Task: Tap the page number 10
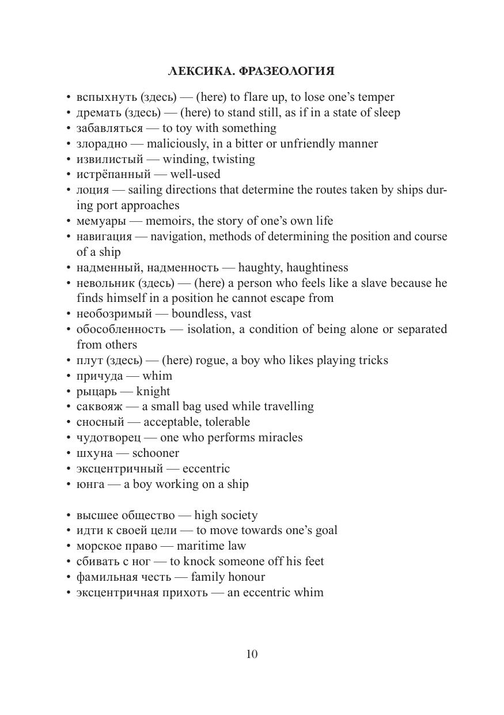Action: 252,654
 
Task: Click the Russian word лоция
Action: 92,190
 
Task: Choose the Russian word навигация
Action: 104,237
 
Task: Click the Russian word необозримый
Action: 114,314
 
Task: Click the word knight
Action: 153,391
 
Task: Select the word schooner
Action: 156,453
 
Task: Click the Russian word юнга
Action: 90,485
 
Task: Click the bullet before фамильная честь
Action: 69,577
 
